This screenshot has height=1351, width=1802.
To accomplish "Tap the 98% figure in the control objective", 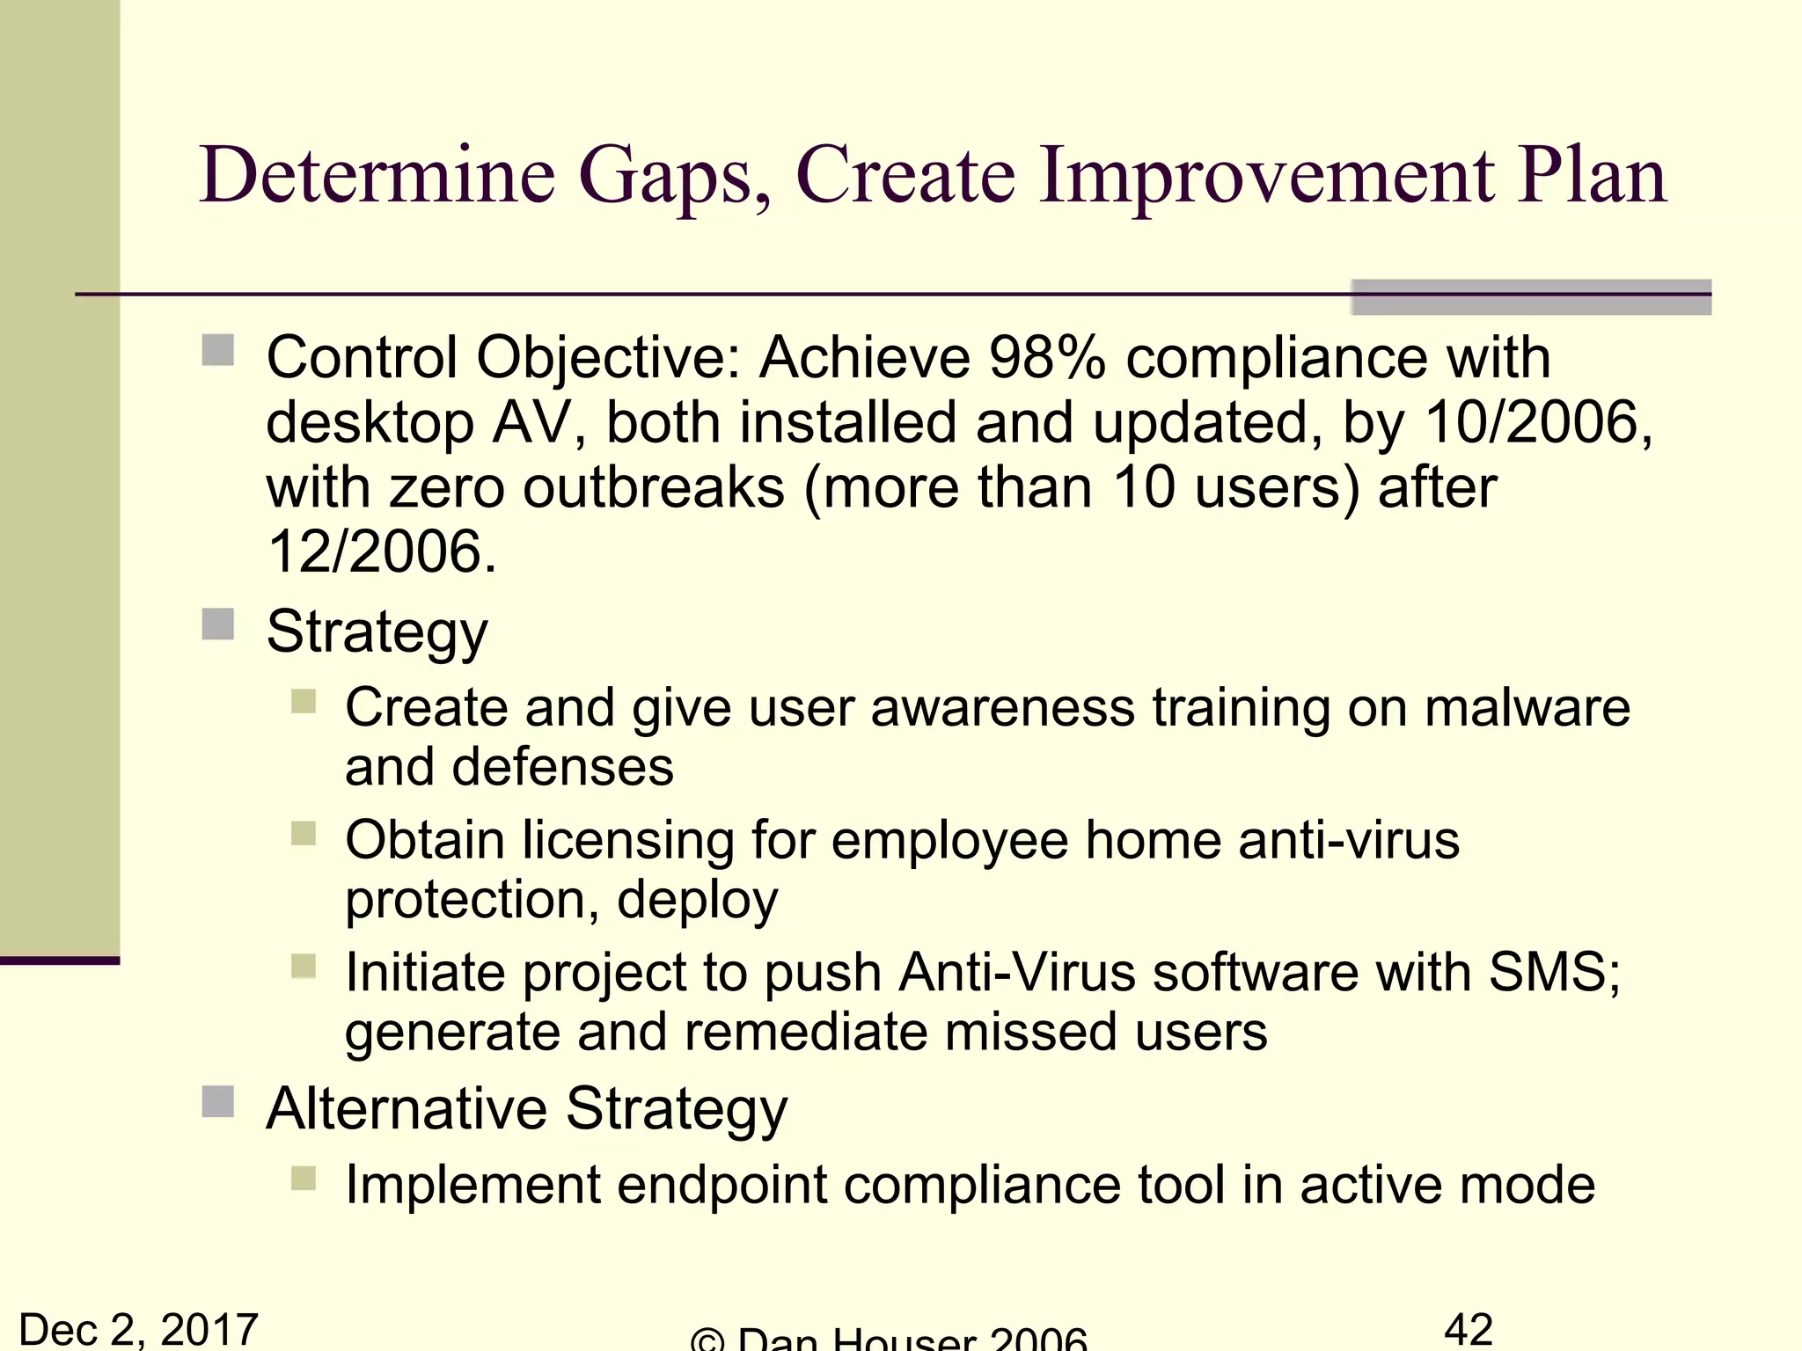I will [x=1046, y=358].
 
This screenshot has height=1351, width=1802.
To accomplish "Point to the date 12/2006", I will [x=379, y=552].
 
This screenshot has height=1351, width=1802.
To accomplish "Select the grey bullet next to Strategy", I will [x=217, y=625].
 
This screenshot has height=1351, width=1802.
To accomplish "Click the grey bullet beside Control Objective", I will [x=217, y=350].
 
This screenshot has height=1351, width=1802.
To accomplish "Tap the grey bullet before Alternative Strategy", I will [x=217, y=1101].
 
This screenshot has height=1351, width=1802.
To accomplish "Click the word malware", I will [x=1527, y=708].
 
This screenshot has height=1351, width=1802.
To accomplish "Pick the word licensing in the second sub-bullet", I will [x=628, y=840].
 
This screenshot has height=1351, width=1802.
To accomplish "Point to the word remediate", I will [x=805, y=1032].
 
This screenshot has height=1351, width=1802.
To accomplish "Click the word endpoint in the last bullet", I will [x=722, y=1185].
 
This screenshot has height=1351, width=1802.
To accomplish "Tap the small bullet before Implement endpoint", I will [x=304, y=1179].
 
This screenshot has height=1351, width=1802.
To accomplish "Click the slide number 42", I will [x=1469, y=1329].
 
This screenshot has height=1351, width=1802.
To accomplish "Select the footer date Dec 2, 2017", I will [x=138, y=1329].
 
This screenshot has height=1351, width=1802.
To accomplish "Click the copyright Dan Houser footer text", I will [x=889, y=1339].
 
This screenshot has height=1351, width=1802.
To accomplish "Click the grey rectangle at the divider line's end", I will [x=1530, y=297].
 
